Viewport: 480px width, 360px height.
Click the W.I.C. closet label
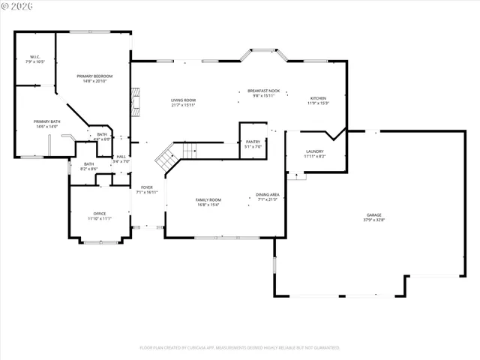pos(35,57)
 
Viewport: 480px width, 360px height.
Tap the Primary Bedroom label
pos(94,76)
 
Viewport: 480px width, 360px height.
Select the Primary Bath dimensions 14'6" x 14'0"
pos(46,127)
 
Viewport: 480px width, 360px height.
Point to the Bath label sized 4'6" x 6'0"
pos(102,134)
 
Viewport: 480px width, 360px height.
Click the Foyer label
pos(146,187)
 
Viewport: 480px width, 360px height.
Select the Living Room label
pos(183,100)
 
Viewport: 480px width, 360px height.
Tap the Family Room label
pos(208,199)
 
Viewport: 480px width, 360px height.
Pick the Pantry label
pos(253,141)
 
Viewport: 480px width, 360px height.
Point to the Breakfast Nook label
pos(263,91)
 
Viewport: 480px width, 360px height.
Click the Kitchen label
pos(319,98)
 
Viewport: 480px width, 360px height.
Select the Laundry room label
pos(314,151)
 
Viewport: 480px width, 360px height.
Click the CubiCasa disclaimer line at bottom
pos(240,347)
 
